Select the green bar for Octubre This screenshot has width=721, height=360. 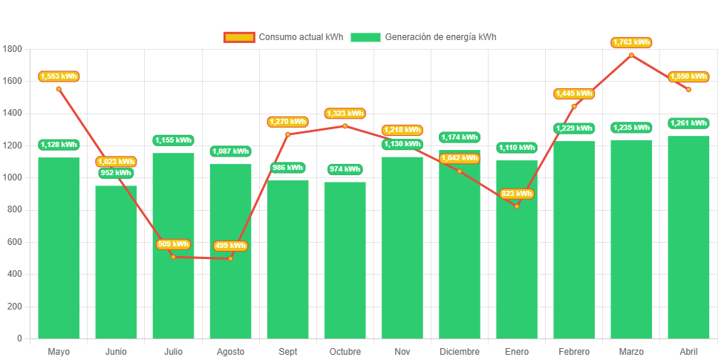pos(345,260)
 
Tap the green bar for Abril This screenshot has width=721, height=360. pos(688,237)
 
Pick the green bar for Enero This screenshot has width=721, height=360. pos(517,249)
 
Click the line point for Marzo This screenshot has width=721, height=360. pos(631,55)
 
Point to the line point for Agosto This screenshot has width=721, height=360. pos(230,258)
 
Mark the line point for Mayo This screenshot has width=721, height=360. pos(59,89)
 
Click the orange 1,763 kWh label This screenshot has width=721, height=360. pos(631,42)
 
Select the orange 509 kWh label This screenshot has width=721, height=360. pos(173,244)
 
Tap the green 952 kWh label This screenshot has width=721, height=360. pos(116,173)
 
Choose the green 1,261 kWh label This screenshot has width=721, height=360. pos(688,123)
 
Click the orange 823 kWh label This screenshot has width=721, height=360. pos(517,194)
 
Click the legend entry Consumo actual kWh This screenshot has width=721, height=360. pos(283,37)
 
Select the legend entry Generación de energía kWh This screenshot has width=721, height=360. pos(423,37)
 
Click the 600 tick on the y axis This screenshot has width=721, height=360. pos(15,242)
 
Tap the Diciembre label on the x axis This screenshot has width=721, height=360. pos(460,351)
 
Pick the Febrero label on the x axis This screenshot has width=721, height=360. pos(574,351)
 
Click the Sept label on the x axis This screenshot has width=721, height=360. pos(287,351)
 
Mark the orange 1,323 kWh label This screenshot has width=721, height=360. pos(345,114)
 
